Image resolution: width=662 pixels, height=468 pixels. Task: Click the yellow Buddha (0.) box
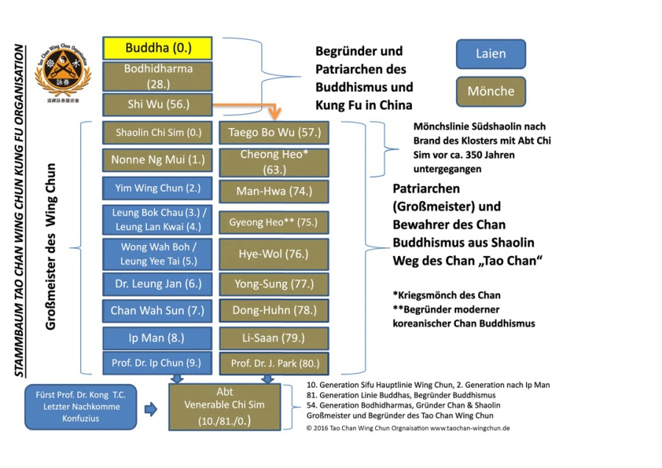pos(158,49)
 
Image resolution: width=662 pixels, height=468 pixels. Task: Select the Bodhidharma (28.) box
pos(158,77)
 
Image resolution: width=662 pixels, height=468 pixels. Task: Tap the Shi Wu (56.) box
pos(158,104)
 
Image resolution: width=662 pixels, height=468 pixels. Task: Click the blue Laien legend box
pos(491,54)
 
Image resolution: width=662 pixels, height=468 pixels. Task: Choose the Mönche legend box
pos(491,91)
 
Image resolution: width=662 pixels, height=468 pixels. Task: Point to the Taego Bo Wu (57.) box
pos(274,133)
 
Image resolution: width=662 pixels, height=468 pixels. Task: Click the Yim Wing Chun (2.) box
pos(158,188)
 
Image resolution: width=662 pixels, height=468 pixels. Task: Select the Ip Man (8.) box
pos(158,338)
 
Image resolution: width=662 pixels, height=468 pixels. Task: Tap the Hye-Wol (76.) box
pos(274,254)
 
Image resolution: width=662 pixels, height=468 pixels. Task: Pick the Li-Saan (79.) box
pos(274,338)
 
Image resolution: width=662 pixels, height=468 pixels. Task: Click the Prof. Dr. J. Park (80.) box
pos(274,363)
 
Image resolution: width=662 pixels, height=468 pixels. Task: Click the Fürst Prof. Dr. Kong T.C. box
pos(81,406)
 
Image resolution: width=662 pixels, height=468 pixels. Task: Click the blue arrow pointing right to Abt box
pos(151,410)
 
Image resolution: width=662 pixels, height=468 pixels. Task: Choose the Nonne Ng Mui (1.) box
pos(158,160)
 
